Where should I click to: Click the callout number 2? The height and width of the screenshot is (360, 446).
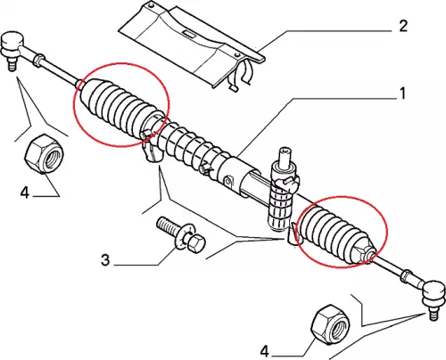402,27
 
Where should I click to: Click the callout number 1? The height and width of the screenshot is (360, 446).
402,94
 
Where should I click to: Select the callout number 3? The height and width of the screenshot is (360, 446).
105,260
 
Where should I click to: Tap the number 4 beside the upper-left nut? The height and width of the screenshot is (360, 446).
25,192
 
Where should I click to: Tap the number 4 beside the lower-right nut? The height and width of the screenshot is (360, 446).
264,352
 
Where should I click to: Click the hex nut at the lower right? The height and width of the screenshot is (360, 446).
330,325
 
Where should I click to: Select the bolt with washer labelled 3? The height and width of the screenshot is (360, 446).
180,235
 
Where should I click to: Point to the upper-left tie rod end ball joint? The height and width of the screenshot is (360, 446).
13,45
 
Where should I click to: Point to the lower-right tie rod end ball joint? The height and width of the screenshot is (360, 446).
434,293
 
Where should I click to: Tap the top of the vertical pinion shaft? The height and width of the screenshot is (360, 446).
285,150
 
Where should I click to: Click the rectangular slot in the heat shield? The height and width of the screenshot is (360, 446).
188,34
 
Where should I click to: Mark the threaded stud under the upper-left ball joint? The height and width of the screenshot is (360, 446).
12,64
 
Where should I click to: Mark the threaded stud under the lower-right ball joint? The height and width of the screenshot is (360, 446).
434,314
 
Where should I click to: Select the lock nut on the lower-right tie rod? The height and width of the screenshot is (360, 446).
406,274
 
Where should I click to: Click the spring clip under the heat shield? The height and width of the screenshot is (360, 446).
243,74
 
